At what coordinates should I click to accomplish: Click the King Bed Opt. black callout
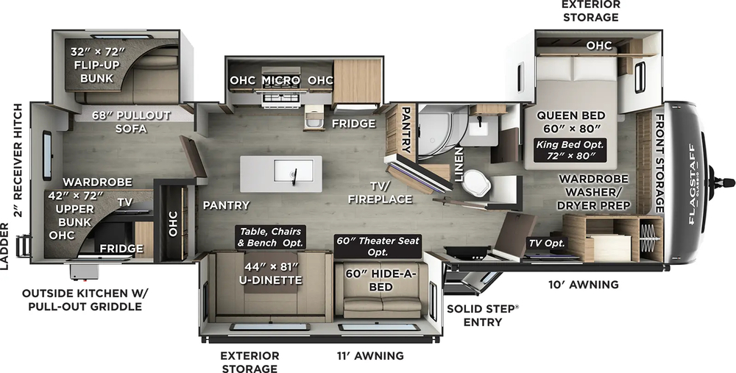571,149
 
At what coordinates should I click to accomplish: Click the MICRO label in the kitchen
280,80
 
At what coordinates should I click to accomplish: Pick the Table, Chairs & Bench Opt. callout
270,237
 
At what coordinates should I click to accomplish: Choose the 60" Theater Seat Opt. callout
378,246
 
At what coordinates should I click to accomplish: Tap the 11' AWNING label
369,356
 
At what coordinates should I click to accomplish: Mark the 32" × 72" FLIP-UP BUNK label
97,64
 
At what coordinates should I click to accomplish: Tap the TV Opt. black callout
545,244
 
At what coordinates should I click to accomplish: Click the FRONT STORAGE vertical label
659,163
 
